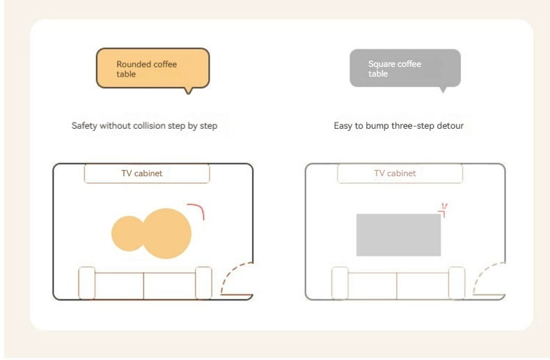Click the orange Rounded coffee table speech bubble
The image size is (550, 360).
153,68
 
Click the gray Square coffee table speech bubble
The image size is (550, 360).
405,68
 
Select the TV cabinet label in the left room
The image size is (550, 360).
142,173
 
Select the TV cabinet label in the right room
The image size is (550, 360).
395,173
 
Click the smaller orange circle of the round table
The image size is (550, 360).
127,234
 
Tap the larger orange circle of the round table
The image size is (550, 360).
166,234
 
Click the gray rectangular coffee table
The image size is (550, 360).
398,235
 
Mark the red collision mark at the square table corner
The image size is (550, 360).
443,210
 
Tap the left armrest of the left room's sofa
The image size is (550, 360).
86,283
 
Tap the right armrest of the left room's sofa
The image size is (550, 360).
203,283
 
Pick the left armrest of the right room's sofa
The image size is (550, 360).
340,283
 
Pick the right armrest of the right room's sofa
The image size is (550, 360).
457,283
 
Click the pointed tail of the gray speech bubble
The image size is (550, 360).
443,91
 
